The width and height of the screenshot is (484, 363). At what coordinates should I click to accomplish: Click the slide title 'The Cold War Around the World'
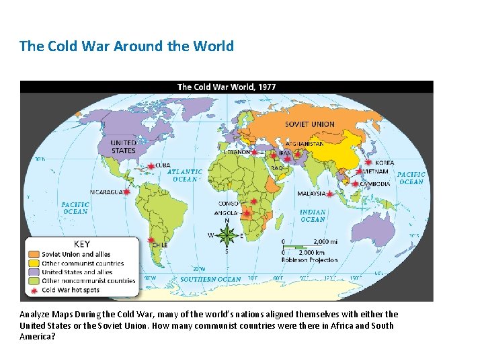[x=126, y=46]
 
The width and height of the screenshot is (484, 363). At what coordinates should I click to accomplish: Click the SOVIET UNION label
[x=309, y=124]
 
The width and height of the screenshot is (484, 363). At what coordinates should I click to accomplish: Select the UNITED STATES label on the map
[x=123, y=147]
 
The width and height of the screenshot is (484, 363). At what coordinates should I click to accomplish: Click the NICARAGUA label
[x=106, y=192]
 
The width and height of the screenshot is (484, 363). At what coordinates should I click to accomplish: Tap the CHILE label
[x=159, y=245]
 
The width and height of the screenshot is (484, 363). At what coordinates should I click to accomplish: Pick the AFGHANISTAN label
[x=305, y=144]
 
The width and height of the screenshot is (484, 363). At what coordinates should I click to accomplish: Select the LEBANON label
[x=237, y=152]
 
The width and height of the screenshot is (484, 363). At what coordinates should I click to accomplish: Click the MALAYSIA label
[x=311, y=194]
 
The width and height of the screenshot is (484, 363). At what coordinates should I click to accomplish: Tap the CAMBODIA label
[x=375, y=184]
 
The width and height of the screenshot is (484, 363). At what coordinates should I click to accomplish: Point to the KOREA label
[x=385, y=163]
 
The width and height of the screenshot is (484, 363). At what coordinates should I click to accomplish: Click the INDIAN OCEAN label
[x=313, y=216]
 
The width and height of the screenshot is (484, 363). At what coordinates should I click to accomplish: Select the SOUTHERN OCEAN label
[x=210, y=279]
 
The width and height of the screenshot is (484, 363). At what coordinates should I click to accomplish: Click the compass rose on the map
[x=227, y=235]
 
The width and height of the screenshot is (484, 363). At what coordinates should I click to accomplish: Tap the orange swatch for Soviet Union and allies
[x=34, y=254]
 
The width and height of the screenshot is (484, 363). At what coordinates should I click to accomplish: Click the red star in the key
[x=34, y=290]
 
